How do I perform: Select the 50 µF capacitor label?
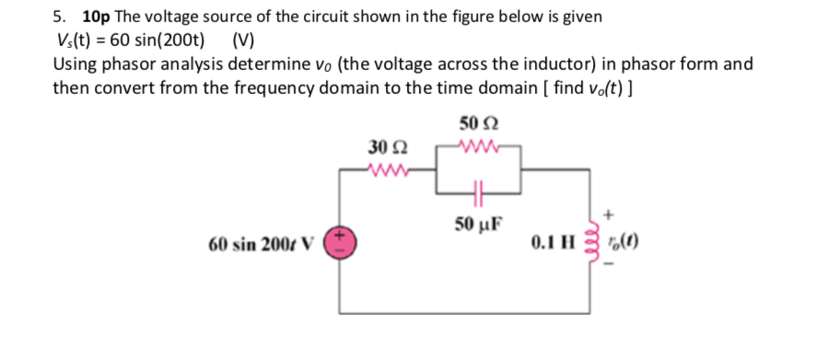click(x=478, y=225)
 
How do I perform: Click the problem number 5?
click(x=58, y=17)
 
